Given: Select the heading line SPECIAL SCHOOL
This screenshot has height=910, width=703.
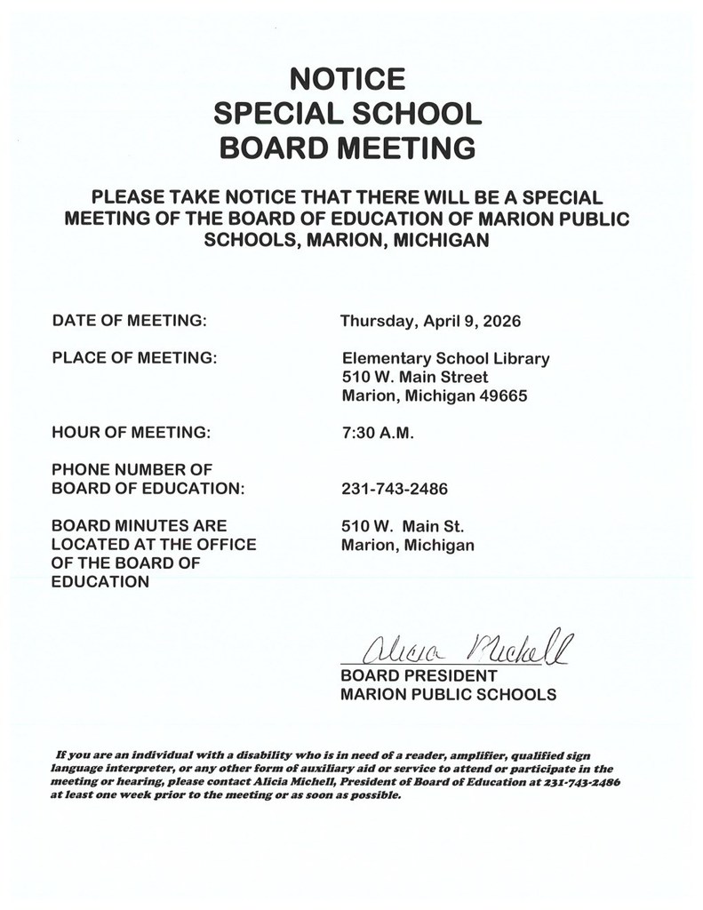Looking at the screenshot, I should coord(348,113).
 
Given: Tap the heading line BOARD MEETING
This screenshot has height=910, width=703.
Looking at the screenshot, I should coord(348,148).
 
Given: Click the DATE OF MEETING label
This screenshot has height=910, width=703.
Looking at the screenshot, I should coord(130,320).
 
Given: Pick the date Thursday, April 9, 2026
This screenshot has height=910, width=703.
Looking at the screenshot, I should coord(431,320).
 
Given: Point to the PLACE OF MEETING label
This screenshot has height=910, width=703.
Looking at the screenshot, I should coord(135,358).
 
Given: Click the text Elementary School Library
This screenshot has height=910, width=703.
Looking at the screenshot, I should coord(445,359).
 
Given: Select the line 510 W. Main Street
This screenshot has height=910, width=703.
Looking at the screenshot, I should coord(415,378).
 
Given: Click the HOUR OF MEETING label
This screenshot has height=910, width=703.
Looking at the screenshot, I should coord(132,434).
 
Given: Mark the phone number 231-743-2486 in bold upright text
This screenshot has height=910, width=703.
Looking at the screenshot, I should coord(395,489).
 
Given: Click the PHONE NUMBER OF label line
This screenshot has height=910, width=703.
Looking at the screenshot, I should coord(132,470).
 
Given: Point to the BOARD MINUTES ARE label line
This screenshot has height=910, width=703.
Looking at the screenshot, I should coord(140,525).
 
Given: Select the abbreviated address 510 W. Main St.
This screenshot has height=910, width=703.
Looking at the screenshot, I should coord(397,525).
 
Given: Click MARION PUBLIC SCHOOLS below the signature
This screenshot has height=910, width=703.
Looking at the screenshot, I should coord(449,695).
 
